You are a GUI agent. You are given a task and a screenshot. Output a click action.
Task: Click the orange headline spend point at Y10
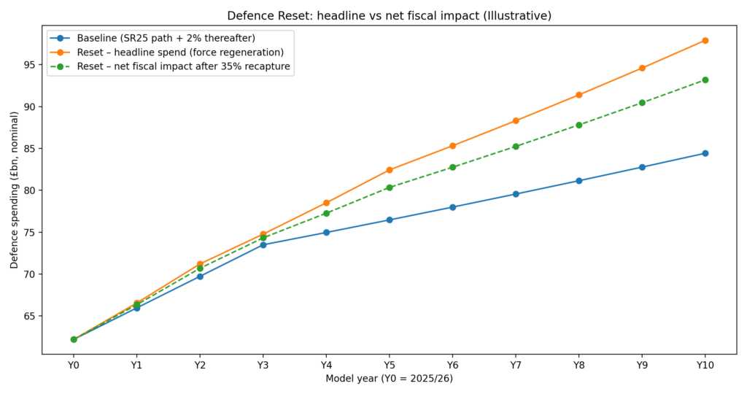[705, 40]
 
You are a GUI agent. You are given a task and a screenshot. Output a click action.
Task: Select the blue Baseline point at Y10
[705, 153]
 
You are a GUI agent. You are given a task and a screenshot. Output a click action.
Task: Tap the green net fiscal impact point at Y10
[705, 80]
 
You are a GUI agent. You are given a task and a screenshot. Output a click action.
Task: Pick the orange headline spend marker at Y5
[390, 170]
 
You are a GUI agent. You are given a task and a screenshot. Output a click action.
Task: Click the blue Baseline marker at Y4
[326, 232]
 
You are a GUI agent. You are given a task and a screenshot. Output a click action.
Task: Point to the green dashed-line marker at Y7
[516, 146]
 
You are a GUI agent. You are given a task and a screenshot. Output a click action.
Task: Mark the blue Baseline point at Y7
[516, 194]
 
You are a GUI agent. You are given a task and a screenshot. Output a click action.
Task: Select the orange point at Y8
[578, 95]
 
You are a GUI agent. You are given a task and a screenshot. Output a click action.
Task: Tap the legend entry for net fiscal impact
[182, 67]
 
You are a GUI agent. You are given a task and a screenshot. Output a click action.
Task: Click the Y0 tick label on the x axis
[74, 365]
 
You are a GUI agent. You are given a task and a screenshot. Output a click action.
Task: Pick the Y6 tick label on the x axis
[452, 365]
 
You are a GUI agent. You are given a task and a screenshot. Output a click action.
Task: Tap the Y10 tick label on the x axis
[705, 365]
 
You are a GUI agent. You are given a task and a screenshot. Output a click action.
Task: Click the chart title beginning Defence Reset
[389, 15]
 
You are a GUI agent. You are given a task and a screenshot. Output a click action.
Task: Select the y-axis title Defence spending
[14, 190]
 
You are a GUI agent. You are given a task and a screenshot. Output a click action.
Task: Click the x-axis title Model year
[389, 378]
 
